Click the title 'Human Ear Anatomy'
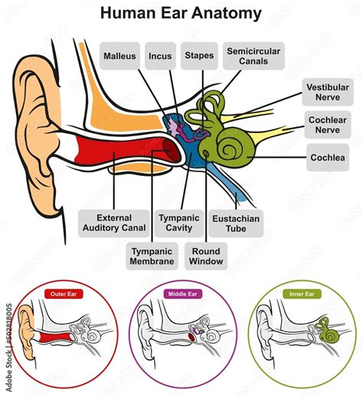tap(181, 14)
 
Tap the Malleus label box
tap(119, 55)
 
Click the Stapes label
tap(199, 55)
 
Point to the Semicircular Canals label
tap(253, 56)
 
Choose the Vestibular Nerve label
tap(329, 93)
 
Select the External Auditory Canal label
tap(109, 222)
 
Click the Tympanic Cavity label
tap(178, 222)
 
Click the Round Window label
tap(207, 256)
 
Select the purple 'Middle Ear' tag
tap(181, 294)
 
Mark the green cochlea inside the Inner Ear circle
tap(328, 334)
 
